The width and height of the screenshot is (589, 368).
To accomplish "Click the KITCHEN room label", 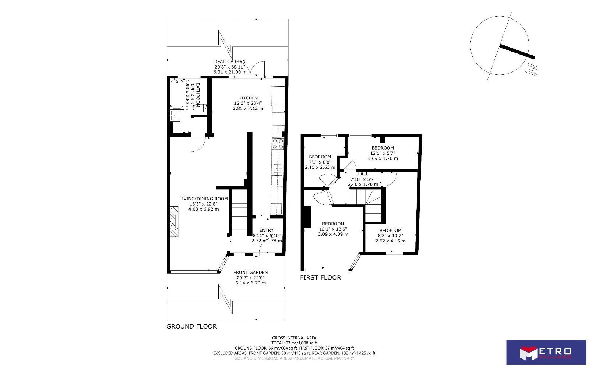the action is coord(248,98).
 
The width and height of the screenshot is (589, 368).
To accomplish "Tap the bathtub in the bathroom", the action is coord(177,94).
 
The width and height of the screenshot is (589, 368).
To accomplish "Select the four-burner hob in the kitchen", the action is coord(278,144).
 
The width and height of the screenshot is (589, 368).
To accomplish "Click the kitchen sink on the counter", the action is coord(278,168).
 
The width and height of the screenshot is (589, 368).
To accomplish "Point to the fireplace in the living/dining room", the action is coord(174,221).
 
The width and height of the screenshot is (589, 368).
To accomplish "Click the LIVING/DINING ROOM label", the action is coord(204,199).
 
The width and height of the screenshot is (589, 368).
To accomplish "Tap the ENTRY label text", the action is coord(267,230).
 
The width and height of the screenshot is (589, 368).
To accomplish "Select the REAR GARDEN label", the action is coord(230,62).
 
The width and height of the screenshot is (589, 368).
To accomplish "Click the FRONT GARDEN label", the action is coord(250,273).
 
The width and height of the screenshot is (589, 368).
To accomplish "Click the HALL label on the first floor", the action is coord(363,174).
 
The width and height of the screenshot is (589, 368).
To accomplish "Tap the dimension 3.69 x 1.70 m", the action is coord(382,158).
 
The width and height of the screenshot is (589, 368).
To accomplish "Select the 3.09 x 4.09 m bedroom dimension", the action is coord(333,234).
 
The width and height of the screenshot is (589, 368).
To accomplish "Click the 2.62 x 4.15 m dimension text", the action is coord(390,241).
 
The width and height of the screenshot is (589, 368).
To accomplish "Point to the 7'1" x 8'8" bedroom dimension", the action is coord(320,162).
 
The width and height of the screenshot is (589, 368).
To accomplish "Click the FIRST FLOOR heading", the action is coord(320,277).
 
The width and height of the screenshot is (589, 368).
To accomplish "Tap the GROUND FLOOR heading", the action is coord(192,326).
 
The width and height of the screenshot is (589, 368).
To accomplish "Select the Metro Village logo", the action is coord(546,353).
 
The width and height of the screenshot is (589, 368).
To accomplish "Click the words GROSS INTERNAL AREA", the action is coord(294,338).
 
